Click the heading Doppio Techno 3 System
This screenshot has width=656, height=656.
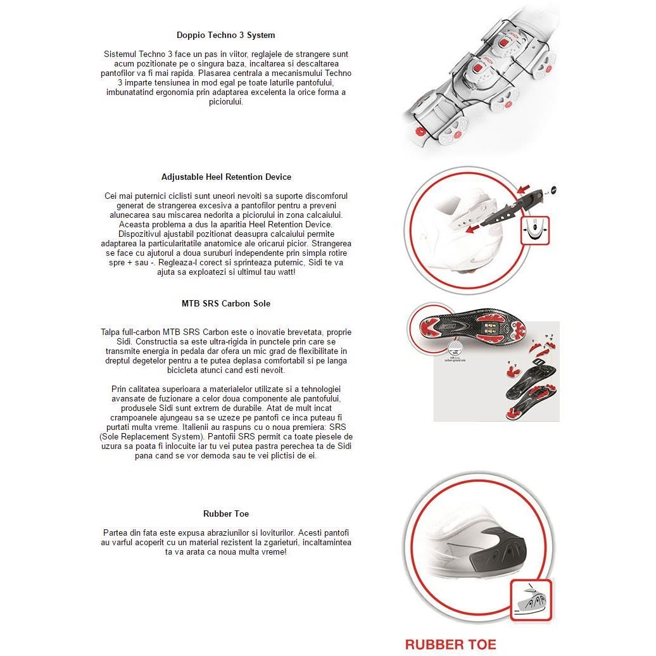[x=226, y=35]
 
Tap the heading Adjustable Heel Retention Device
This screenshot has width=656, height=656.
[x=226, y=177]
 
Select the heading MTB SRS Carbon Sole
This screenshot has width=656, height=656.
[x=226, y=304]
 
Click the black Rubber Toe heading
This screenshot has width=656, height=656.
[x=226, y=514]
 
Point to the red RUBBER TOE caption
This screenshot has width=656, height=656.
[x=450, y=645]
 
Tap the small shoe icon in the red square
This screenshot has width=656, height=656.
[x=531, y=600]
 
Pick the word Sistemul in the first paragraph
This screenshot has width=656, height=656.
[x=121, y=54]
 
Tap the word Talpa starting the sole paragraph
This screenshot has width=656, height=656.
[x=111, y=332]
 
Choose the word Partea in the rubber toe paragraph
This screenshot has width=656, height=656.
[x=117, y=533]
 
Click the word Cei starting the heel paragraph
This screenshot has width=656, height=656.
[x=112, y=196]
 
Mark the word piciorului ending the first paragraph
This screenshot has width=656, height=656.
[x=226, y=102]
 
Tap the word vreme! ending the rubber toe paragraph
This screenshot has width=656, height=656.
[x=272, y=552]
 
